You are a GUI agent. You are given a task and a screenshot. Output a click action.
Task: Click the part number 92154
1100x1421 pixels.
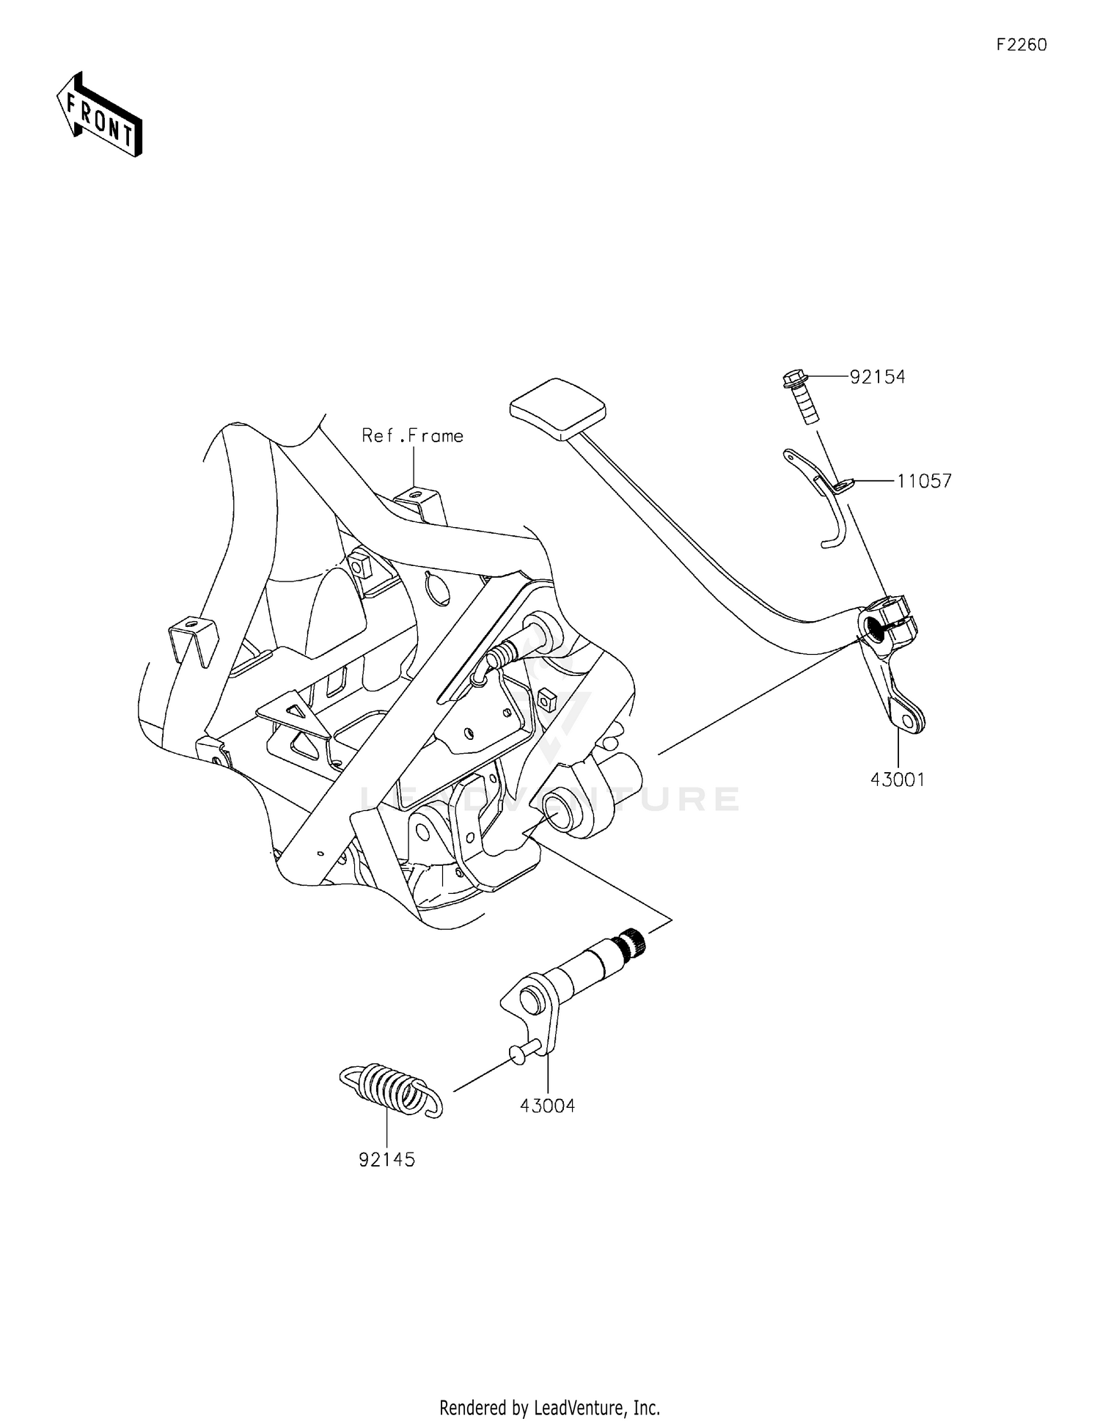click(x=877, y=377)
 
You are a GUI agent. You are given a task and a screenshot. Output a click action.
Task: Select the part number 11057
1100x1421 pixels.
click(x=923, y=481)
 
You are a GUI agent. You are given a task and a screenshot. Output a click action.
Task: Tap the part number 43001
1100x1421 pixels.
click(x=898, y=779)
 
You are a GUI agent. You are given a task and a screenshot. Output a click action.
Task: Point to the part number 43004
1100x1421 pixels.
click(x=547, y=1105)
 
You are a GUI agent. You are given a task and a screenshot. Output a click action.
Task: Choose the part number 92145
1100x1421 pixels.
click(x=386, y=1159)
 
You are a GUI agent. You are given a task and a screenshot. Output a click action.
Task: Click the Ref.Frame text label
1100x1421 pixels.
click(x=412, y=436)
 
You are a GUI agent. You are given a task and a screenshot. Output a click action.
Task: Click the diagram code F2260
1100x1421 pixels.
click(x=1021, y=45)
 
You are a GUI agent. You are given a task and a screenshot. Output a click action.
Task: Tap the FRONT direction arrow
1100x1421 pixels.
click(x=100, y=116)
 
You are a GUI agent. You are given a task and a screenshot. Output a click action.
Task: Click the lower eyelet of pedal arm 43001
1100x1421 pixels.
click(x=909, y=722)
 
